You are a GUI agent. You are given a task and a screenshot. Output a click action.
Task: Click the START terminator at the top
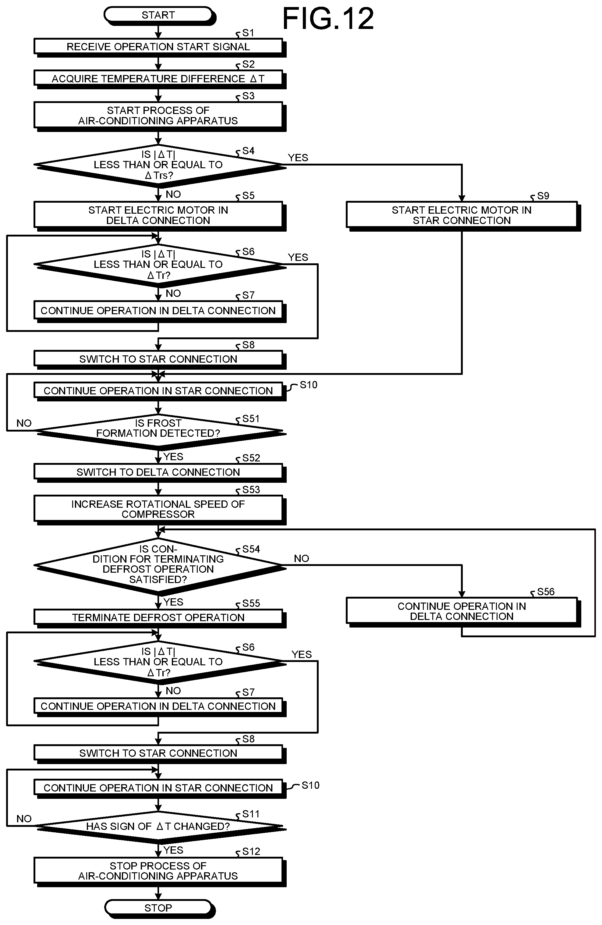point(160,16)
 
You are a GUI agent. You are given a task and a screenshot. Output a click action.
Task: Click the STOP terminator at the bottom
point(160,908)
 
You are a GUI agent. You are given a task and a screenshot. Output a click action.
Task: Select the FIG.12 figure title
point(328,18)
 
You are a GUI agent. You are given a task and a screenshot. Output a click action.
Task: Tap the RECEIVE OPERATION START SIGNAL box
point(160,47)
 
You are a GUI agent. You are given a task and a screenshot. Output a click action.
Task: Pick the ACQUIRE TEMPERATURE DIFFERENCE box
point(160,79)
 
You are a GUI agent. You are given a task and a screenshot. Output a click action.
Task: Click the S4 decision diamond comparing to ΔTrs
point(160,165)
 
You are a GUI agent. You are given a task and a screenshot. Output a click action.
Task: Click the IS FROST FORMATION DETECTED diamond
point(160,431)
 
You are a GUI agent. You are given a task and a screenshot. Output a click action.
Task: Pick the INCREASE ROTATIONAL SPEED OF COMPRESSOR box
point(160,509)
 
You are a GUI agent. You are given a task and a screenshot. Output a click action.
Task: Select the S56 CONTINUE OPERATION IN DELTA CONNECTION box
point(463,612)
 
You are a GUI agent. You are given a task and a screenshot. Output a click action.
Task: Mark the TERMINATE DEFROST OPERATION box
point(160,618)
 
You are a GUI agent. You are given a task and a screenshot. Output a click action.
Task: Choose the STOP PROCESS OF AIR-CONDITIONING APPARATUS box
point(160,871)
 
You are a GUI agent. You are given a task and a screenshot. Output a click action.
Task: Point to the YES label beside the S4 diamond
point(298,158)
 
